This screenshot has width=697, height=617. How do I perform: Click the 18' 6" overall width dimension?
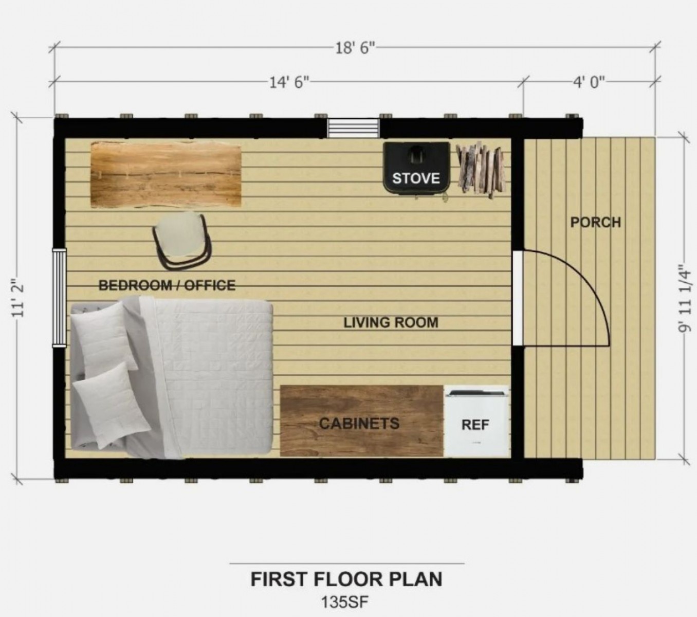coord(355,48)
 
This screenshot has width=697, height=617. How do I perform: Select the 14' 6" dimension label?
coord(289,83)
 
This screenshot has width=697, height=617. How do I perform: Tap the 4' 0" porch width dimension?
coord(589,83)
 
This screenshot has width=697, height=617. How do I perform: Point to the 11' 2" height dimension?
coord(17,298)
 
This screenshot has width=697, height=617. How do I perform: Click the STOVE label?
coord(416,178)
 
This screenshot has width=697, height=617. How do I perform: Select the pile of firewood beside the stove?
coord(481,171)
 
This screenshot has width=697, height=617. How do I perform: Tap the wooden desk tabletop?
coord(166,174)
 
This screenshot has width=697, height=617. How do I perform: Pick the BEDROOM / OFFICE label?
coord(167,285)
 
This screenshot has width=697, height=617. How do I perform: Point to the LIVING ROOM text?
coord(391,322)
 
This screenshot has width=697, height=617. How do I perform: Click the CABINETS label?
coord(359,423)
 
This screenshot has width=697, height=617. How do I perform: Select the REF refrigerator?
coord(476,421)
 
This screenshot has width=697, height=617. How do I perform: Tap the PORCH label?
coord(596,222)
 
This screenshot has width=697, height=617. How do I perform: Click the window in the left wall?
coord(59,298)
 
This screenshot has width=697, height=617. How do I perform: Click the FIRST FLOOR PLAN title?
coord(346,579)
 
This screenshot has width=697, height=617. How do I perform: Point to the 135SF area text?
coord(345,602)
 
